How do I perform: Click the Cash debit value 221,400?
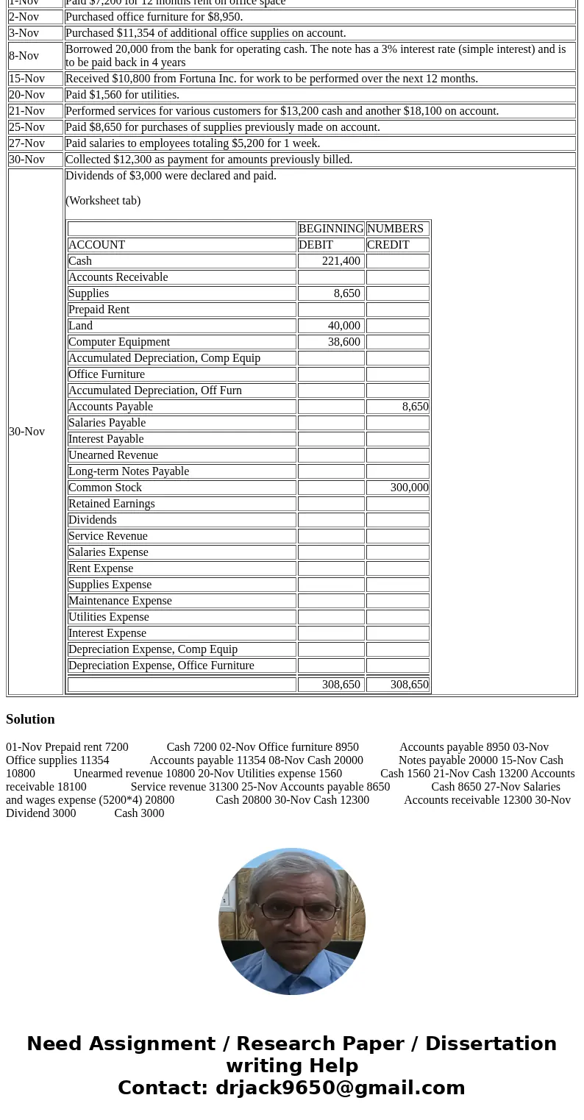[x=341, y=261]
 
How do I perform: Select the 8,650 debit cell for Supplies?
[x=346, y=293]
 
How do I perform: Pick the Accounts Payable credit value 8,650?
[x=415, y=407]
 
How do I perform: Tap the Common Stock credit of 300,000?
[x=409, y=488]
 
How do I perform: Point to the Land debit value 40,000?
[x=343, y=326]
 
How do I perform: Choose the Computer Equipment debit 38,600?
[x=343, y=342]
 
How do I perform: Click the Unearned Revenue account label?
[x=113, y=455]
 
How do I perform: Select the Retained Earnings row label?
[x=111, y=504]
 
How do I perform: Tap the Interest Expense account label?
[x=107, y=633]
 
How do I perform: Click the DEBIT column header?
[x=316, y=245]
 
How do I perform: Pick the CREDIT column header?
[x=388, y=245]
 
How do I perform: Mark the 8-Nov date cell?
[x=26, y=56]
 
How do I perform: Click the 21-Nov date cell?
[x=26, y=111]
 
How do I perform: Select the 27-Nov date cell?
[x=26, y=143]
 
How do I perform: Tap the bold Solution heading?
[x=30, y=719]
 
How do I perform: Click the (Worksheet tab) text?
[x=103, y=201]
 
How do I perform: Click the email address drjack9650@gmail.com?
[x=340, y=1088]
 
